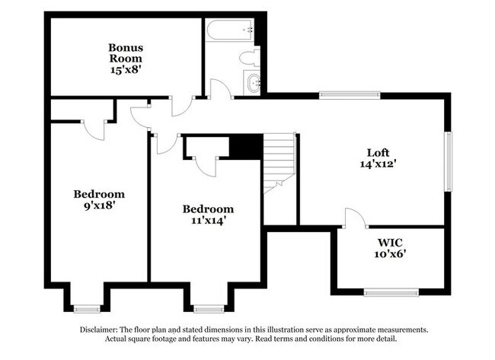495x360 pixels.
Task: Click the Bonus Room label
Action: (126, 53)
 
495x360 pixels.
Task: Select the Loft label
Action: (378, 151)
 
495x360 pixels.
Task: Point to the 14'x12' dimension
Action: (378, 163)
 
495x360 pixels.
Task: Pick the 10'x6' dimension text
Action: (388, 254)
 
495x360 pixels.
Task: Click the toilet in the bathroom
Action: (249, 57)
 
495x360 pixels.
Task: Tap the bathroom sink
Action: (253, 83)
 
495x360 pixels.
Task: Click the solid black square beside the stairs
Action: (245, 146)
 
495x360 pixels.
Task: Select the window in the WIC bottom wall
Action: (391, 292)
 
